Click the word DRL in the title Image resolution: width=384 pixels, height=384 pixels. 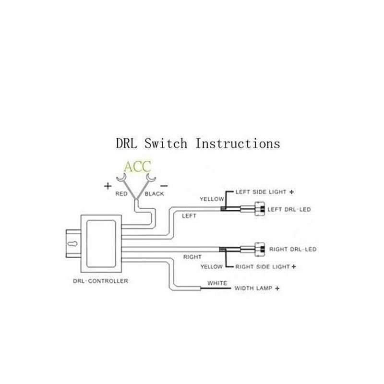(x=127, y=143)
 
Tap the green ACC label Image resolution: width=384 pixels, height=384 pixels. (x=137, y=167)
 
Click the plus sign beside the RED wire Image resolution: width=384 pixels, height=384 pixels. (x=108, y=185)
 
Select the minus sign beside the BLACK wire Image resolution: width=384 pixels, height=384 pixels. (x=164, y=185)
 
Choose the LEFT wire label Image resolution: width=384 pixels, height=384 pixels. (x=189, y=216)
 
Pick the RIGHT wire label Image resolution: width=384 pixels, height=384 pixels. (x=192, y=257)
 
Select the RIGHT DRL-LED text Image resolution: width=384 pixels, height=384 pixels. (x=292, y=250)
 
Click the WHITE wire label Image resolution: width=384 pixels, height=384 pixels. (x=217, y=283)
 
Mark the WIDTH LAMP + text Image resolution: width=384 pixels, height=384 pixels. (x=257, y=289)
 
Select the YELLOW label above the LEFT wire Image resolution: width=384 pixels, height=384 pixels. (x=212, y=199)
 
